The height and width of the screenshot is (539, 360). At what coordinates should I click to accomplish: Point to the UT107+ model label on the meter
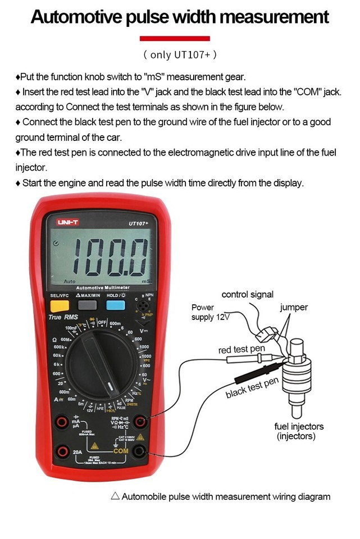click(x=138, y=223)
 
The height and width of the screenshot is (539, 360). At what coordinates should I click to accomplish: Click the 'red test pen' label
click(x=241, y=350)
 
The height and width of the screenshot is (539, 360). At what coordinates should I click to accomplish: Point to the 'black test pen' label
click(x=252, y=388)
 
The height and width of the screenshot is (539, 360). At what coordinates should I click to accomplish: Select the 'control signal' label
click(x=247, y=294)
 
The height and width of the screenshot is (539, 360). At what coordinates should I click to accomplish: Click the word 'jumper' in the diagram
click(x=294, y=308)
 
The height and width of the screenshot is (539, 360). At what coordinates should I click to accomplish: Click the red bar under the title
click(x=174, y=38)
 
